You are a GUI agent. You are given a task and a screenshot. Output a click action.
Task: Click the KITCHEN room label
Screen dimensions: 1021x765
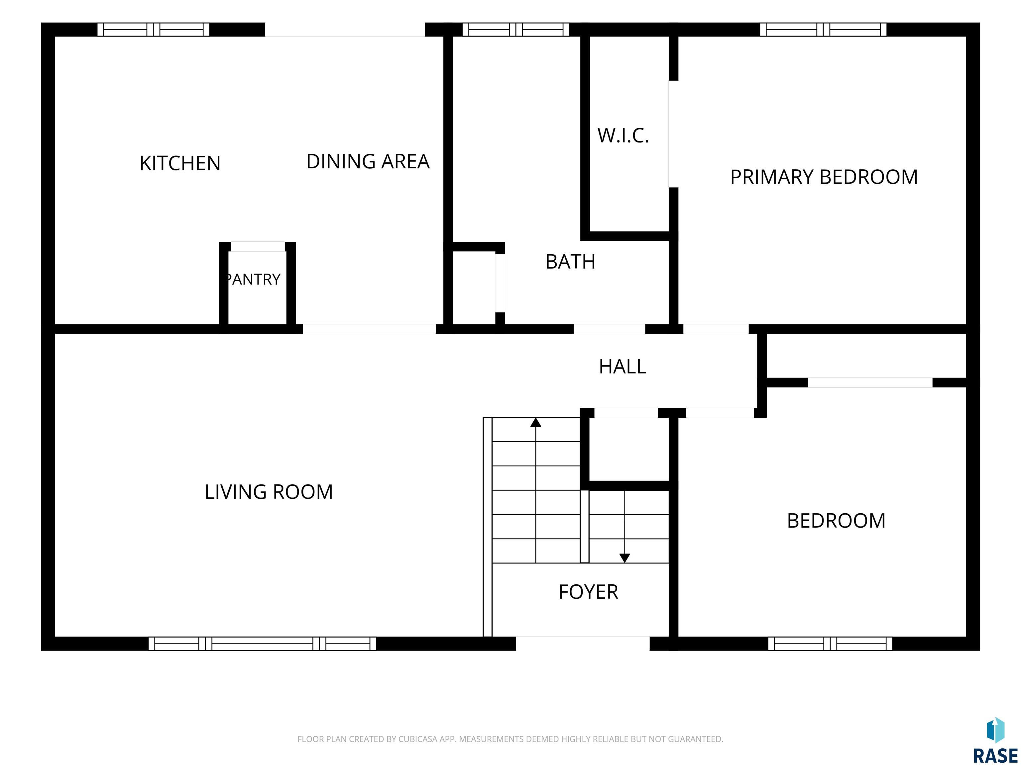coord(180,163)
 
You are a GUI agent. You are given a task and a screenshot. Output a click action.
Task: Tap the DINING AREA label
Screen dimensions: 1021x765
coord(368,161)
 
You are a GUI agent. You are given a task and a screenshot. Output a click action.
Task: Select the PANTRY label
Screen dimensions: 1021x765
coord(253,279)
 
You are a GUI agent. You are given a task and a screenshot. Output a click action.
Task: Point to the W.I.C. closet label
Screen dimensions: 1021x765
coord(623,135)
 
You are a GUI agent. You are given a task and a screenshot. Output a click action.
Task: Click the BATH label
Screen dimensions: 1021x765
coord(571,262)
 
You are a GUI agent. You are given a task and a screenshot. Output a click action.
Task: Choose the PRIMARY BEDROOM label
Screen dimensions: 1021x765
coord(824,177)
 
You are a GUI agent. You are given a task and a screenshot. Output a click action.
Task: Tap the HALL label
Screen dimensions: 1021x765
coord(622,367)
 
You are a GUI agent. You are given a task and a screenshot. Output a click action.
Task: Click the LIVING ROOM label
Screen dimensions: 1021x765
coord(269,492)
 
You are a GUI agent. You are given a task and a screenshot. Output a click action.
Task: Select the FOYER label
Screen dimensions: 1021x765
coord(588,592)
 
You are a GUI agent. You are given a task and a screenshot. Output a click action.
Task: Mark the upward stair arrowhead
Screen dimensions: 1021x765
coord(535,422)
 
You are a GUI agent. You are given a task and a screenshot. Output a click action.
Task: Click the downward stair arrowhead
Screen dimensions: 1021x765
coord(624,558)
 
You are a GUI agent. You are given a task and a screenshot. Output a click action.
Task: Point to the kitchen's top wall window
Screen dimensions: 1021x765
coord(153,30)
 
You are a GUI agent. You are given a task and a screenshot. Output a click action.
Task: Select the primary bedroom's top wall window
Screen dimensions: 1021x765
coord(823,30)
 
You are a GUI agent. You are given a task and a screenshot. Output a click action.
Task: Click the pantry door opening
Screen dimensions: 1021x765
coord(258,247)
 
